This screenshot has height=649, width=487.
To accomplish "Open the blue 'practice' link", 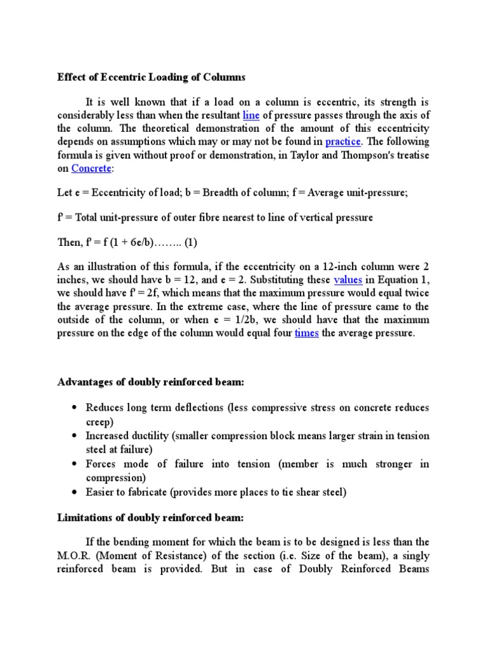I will (x=342, y=141).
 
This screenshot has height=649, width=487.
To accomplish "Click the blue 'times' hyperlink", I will (x=306, y=333).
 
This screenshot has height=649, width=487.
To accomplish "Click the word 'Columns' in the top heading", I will (x=223, y=77).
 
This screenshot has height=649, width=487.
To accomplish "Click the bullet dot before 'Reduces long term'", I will (x=75, y=408).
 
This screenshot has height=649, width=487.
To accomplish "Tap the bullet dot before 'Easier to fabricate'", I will (x=75, y=492).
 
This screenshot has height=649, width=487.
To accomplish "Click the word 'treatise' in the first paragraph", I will (x=411, y=155).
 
